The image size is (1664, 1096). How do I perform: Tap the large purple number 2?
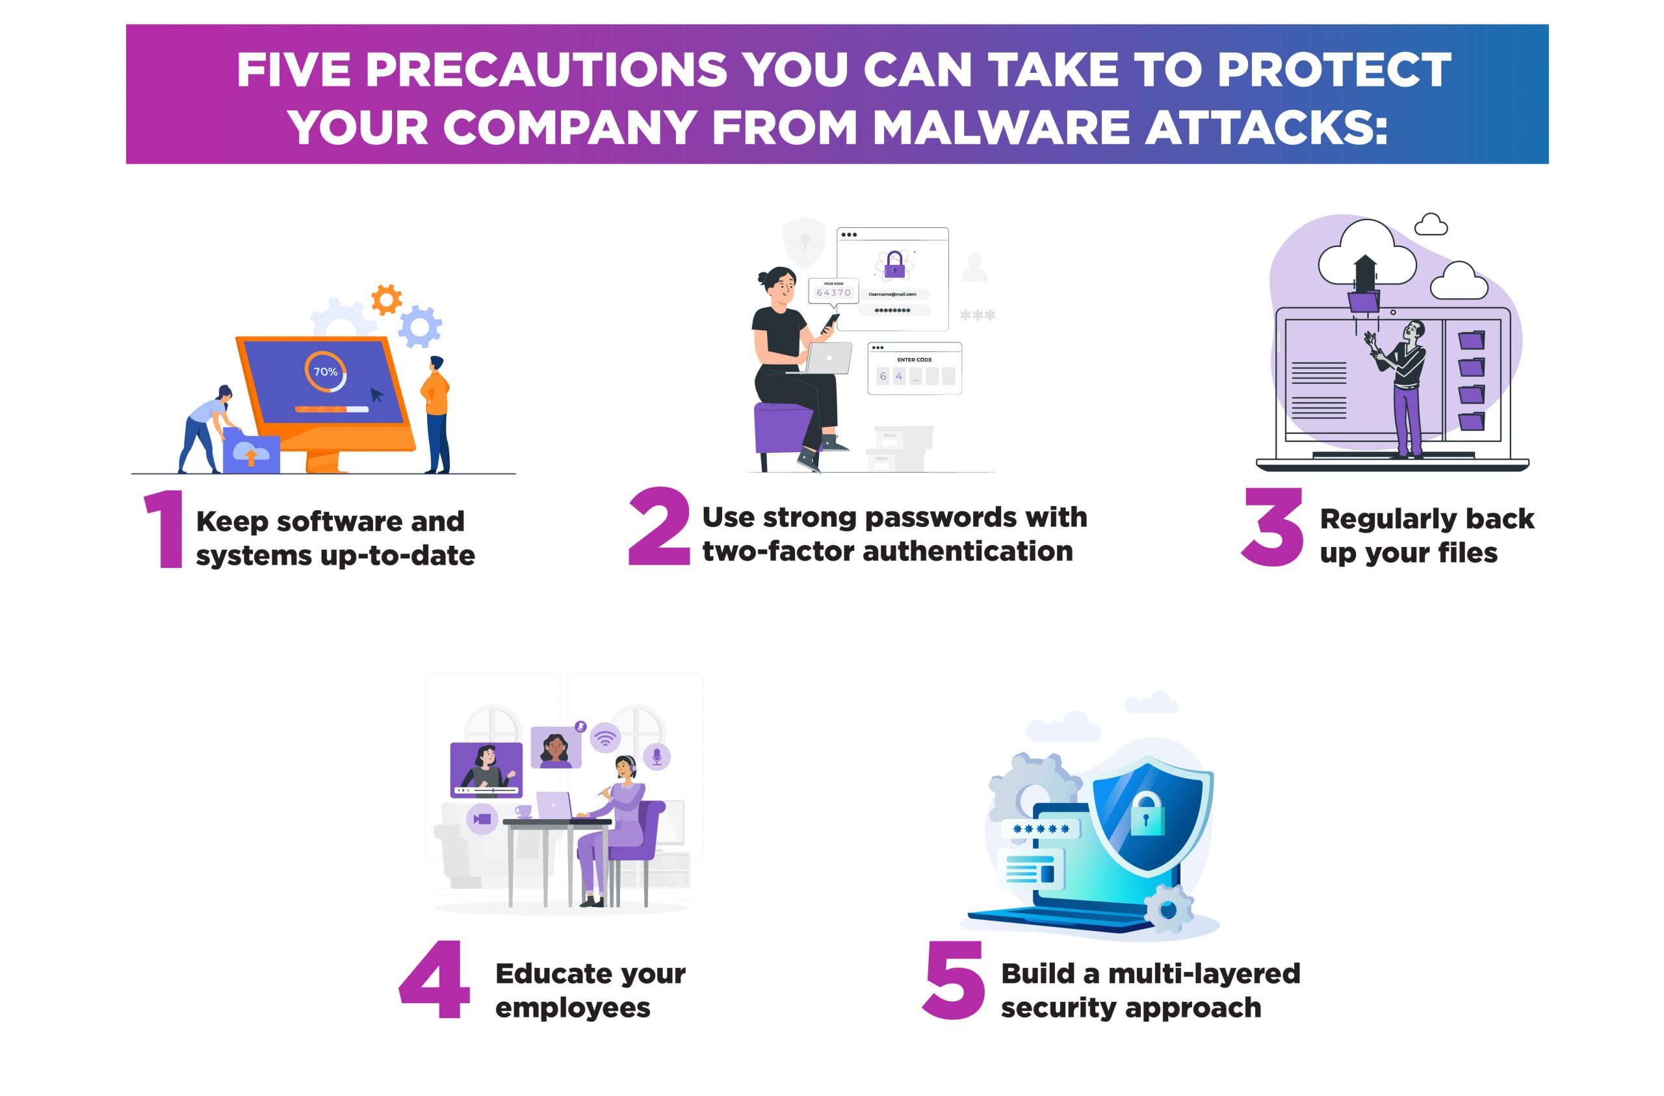658,526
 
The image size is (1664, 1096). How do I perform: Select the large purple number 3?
1273,526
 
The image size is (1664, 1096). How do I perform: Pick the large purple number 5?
954,980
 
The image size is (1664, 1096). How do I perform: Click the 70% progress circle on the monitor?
326,371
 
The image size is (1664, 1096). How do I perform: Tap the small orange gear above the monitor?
387,300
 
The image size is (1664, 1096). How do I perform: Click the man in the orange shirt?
436,414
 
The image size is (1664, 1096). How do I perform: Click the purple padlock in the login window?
894,265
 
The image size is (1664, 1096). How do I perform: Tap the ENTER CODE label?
915,360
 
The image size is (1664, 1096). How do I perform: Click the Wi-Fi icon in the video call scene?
605,737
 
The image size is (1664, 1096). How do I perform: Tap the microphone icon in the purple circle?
656,756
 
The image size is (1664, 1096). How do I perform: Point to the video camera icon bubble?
482,819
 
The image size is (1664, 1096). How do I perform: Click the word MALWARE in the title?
1000,127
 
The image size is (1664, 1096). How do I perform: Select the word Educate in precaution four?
551,973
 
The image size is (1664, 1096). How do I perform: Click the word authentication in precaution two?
968,552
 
